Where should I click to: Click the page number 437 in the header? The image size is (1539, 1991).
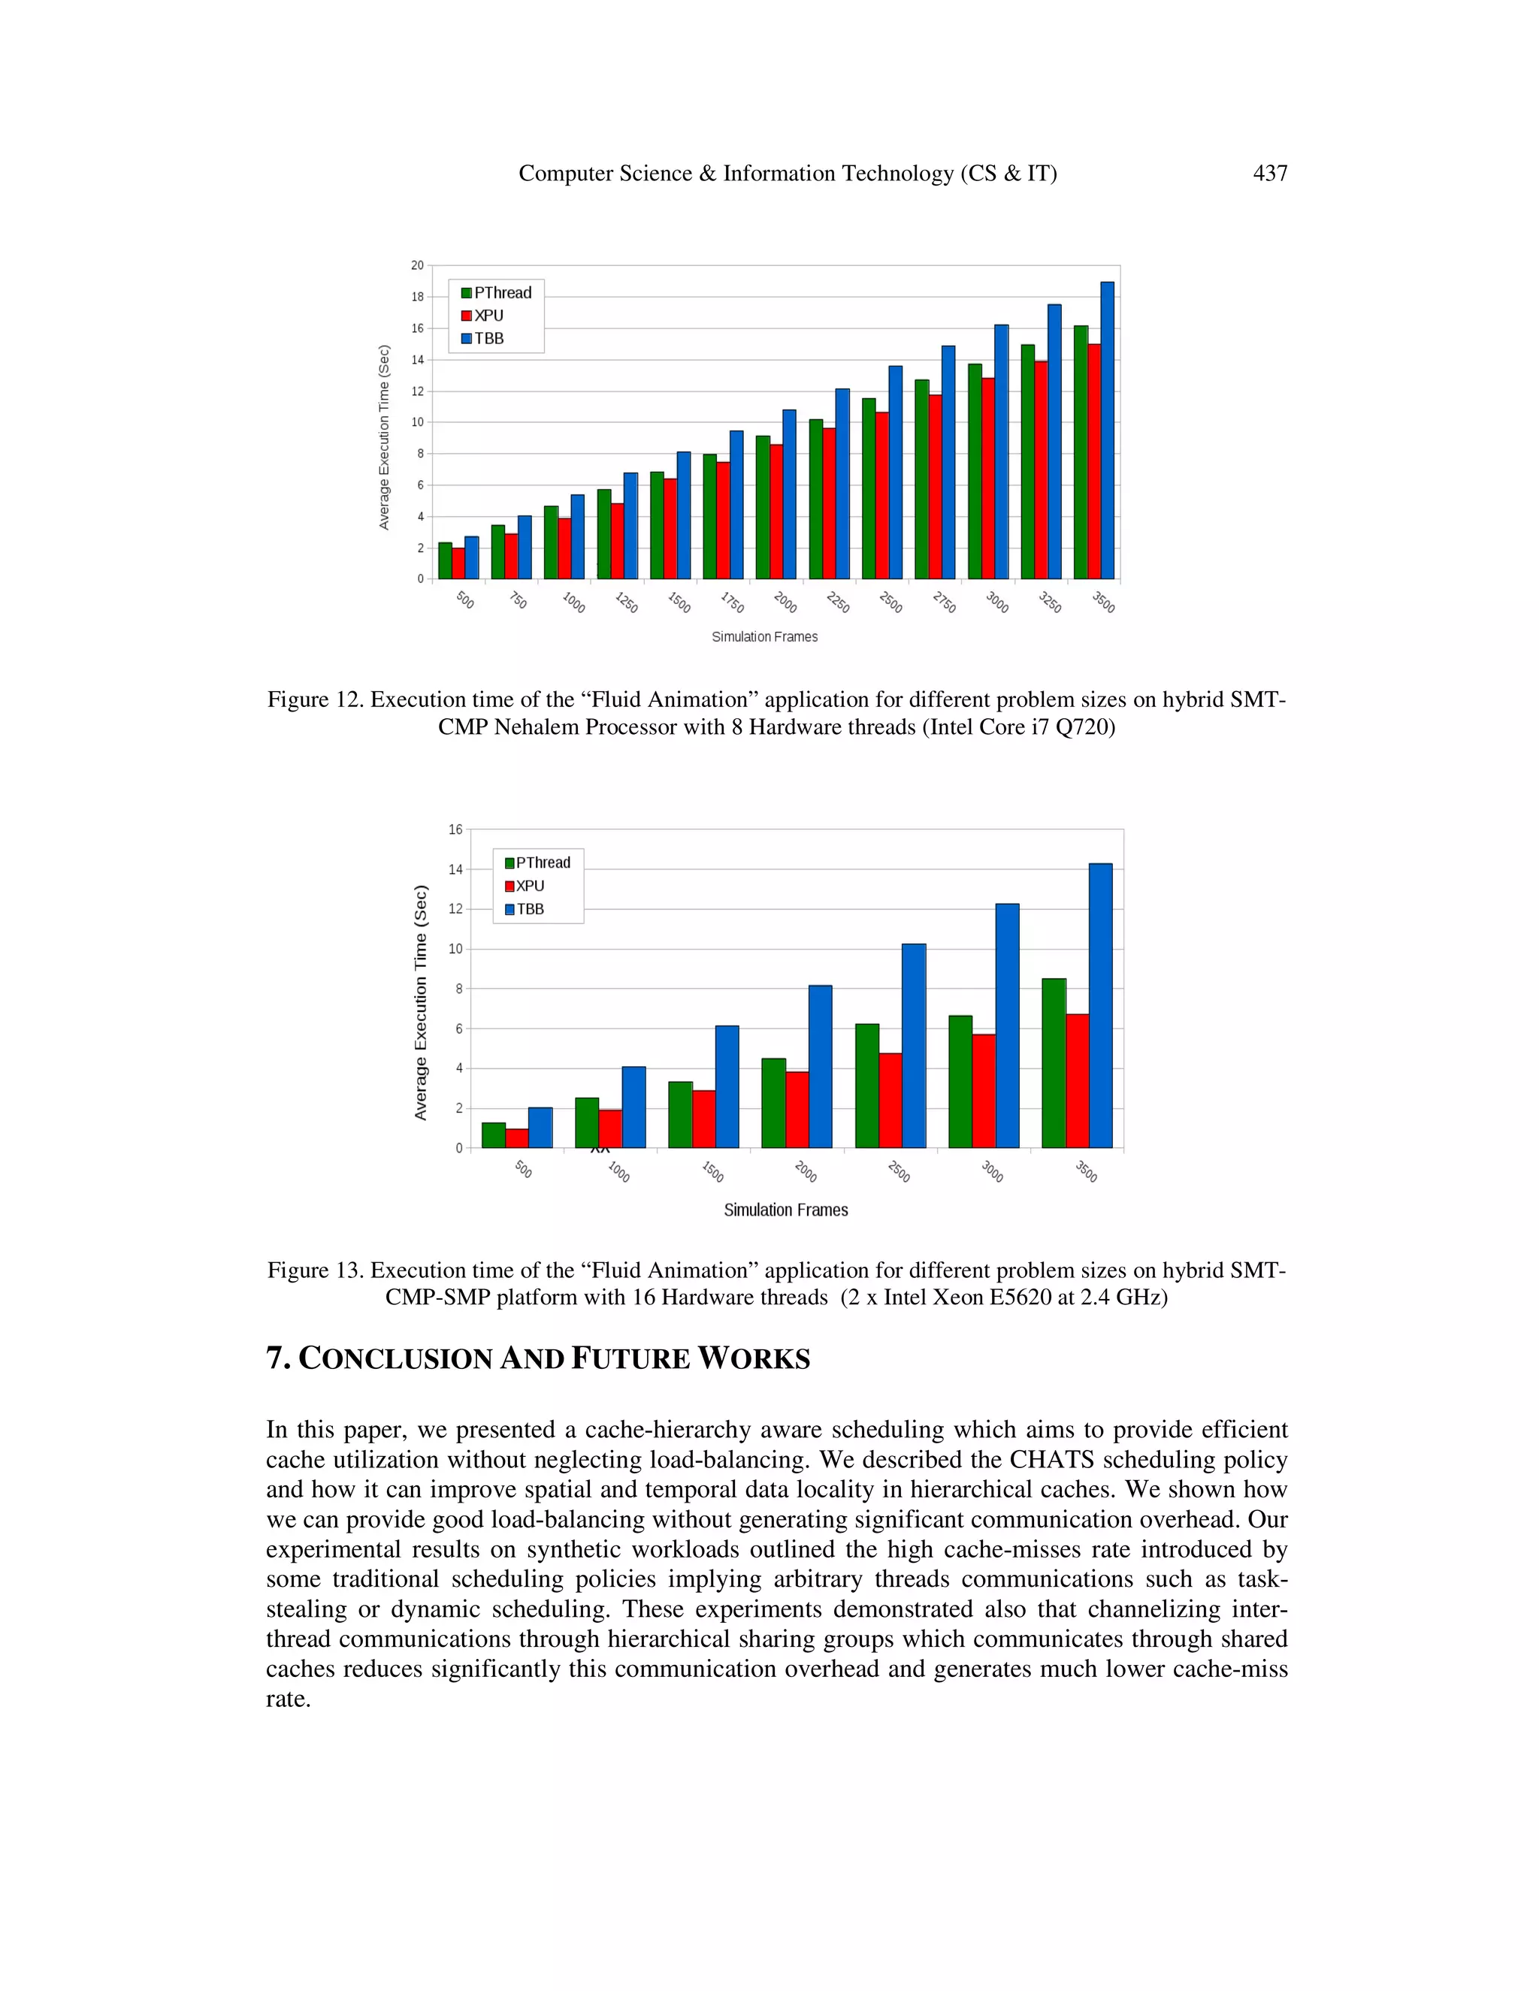1269,174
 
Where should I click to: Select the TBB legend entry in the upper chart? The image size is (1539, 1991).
488,338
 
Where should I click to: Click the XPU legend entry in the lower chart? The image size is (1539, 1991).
529,886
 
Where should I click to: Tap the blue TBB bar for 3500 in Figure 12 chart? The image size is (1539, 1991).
1107,431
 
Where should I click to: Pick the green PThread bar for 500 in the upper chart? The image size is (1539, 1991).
445,560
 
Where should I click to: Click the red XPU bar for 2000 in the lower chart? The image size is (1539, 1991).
797,1110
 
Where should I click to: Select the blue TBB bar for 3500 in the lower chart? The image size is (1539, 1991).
1100,1005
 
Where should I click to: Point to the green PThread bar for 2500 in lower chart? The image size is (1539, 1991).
867,1086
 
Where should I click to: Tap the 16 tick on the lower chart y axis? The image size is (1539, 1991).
455,829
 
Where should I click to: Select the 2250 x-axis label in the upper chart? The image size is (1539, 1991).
838,603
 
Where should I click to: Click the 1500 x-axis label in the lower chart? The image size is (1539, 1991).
712,1171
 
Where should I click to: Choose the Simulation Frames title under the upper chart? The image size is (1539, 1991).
764,637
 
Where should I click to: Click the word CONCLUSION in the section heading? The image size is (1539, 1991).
396,1359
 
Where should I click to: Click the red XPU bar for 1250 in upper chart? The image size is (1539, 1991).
617,541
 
